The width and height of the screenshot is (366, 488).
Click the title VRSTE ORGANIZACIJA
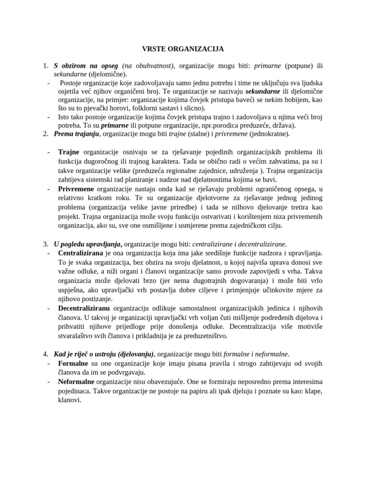[183, 49]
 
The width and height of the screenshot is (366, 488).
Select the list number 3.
[45, 244]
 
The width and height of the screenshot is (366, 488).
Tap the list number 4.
[45, 354]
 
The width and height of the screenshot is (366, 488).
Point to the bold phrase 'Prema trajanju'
[77, 134]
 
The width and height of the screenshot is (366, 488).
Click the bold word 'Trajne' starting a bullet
[69, 152]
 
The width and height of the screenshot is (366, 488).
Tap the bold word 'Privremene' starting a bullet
[76, 189]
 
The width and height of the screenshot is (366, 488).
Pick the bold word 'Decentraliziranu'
[85, 308]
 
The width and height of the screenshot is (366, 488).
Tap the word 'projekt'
[69, 216]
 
